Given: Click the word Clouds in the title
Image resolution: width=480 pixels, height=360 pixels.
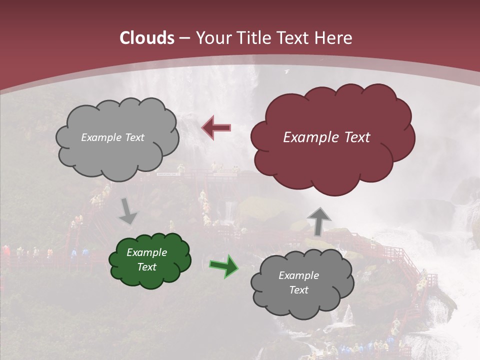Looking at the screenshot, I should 147,38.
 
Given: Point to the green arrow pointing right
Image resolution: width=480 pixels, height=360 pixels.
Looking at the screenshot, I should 223,266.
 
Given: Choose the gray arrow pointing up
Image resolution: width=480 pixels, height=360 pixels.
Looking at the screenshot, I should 319,220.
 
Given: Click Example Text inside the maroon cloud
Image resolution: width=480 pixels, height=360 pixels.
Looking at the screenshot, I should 326,137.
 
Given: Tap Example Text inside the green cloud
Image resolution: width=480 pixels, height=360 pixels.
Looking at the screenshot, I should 146,260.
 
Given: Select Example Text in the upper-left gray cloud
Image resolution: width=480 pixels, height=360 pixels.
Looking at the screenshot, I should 112,137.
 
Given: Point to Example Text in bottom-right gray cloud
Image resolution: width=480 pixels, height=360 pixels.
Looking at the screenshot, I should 298,282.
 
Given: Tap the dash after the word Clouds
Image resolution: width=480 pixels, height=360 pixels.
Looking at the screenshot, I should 183,38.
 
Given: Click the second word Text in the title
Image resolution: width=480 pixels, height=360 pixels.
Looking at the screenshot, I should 296,38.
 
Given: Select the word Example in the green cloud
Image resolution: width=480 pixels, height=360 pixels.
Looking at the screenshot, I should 146,253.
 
